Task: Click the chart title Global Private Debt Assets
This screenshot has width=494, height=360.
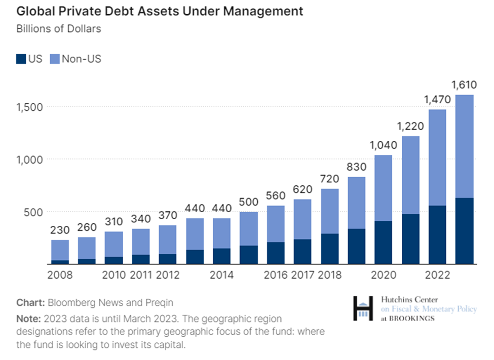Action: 160,11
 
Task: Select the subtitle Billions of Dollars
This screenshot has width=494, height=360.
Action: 59,28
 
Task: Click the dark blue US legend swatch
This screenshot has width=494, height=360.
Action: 21,59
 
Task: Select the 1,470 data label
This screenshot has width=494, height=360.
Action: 438,99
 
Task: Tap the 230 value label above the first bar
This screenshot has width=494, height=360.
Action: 60,229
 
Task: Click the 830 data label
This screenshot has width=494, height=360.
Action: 356,167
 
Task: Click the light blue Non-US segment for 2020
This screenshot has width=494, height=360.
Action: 384,188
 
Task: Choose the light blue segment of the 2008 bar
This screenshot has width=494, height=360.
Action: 60,250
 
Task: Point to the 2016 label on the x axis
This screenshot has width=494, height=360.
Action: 275,275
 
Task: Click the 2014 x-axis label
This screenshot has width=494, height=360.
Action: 221,275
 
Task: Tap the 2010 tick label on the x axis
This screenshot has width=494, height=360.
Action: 114,275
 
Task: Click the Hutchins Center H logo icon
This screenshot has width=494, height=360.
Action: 363,308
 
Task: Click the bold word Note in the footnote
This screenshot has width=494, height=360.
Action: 28,319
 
